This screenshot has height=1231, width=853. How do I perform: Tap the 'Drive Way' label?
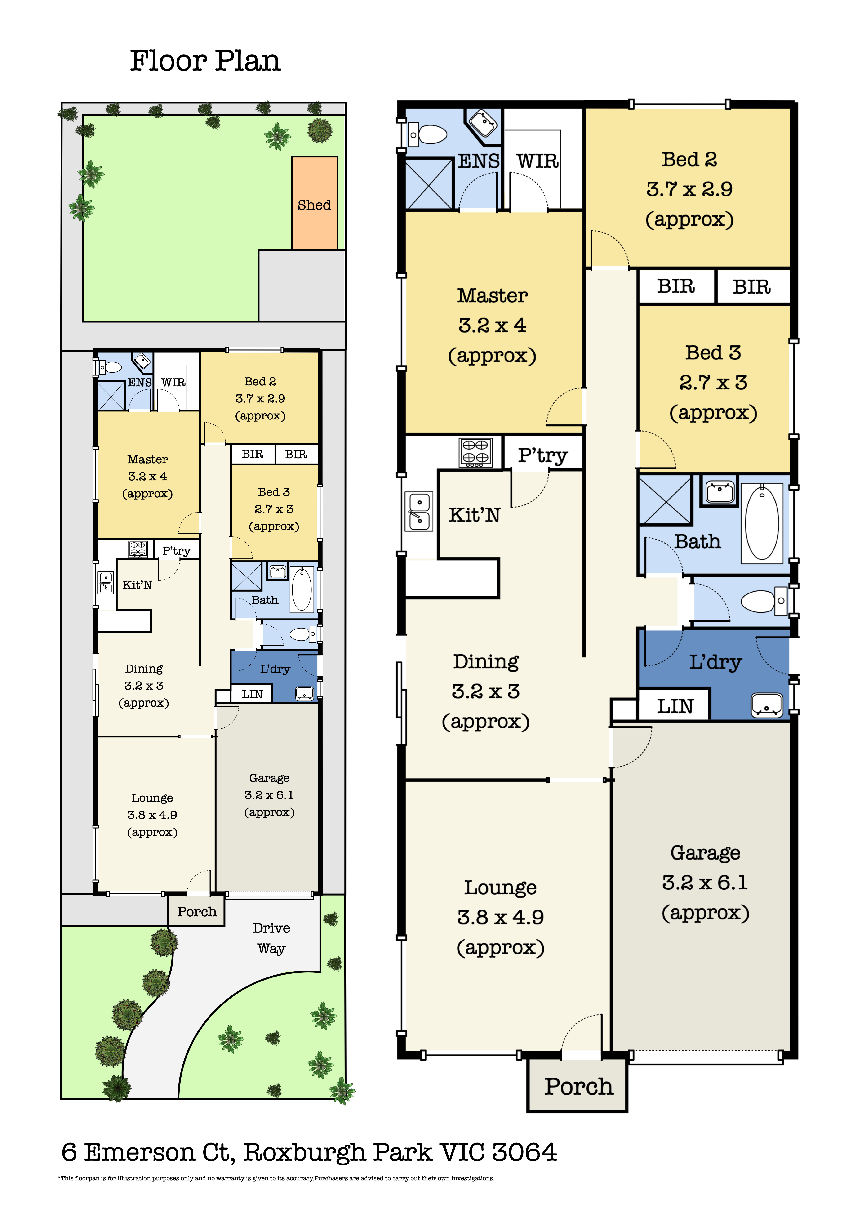pyautogui.click(x=271, y=938)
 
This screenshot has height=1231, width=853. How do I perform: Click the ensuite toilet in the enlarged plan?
pyautogui.click(x=428, y=134)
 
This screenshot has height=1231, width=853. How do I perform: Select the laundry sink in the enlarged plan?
pyautogui.click(x=767, y=705)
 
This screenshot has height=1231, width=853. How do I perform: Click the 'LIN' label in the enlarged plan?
pyautogui.click(x=675, y=706)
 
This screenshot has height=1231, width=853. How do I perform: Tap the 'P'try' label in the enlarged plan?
pyautogui.click(x=542, y=455)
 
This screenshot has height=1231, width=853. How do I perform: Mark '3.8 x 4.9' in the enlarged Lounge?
pyautogui.click(x=500, y=917)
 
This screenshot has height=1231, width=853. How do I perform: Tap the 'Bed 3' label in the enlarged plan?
pyautogui.click(x=713, y=353)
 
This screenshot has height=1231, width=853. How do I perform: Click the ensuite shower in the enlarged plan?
pyautogui.click(x=429, y=183)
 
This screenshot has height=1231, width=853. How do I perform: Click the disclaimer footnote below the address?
pyautogui.click(x=276, y=1178)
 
